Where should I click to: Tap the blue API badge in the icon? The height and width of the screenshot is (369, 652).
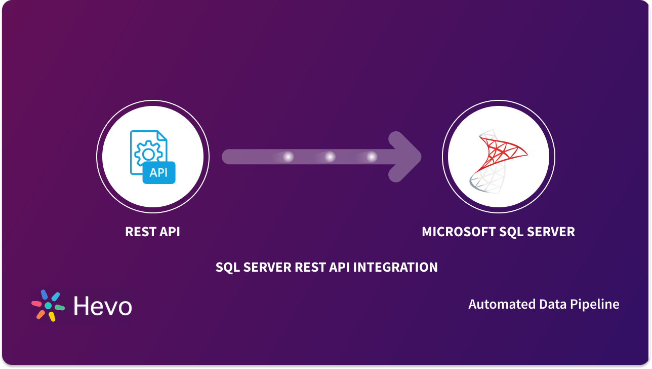158,173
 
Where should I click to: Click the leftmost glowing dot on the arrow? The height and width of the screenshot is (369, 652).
288,157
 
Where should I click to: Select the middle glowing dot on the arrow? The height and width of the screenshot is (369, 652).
330,157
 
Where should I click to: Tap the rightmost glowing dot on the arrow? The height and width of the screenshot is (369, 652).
372,157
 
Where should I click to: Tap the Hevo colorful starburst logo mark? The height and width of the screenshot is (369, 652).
48,306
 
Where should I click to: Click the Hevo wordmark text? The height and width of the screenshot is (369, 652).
103,306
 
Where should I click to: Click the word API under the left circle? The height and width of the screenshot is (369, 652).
169,232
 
